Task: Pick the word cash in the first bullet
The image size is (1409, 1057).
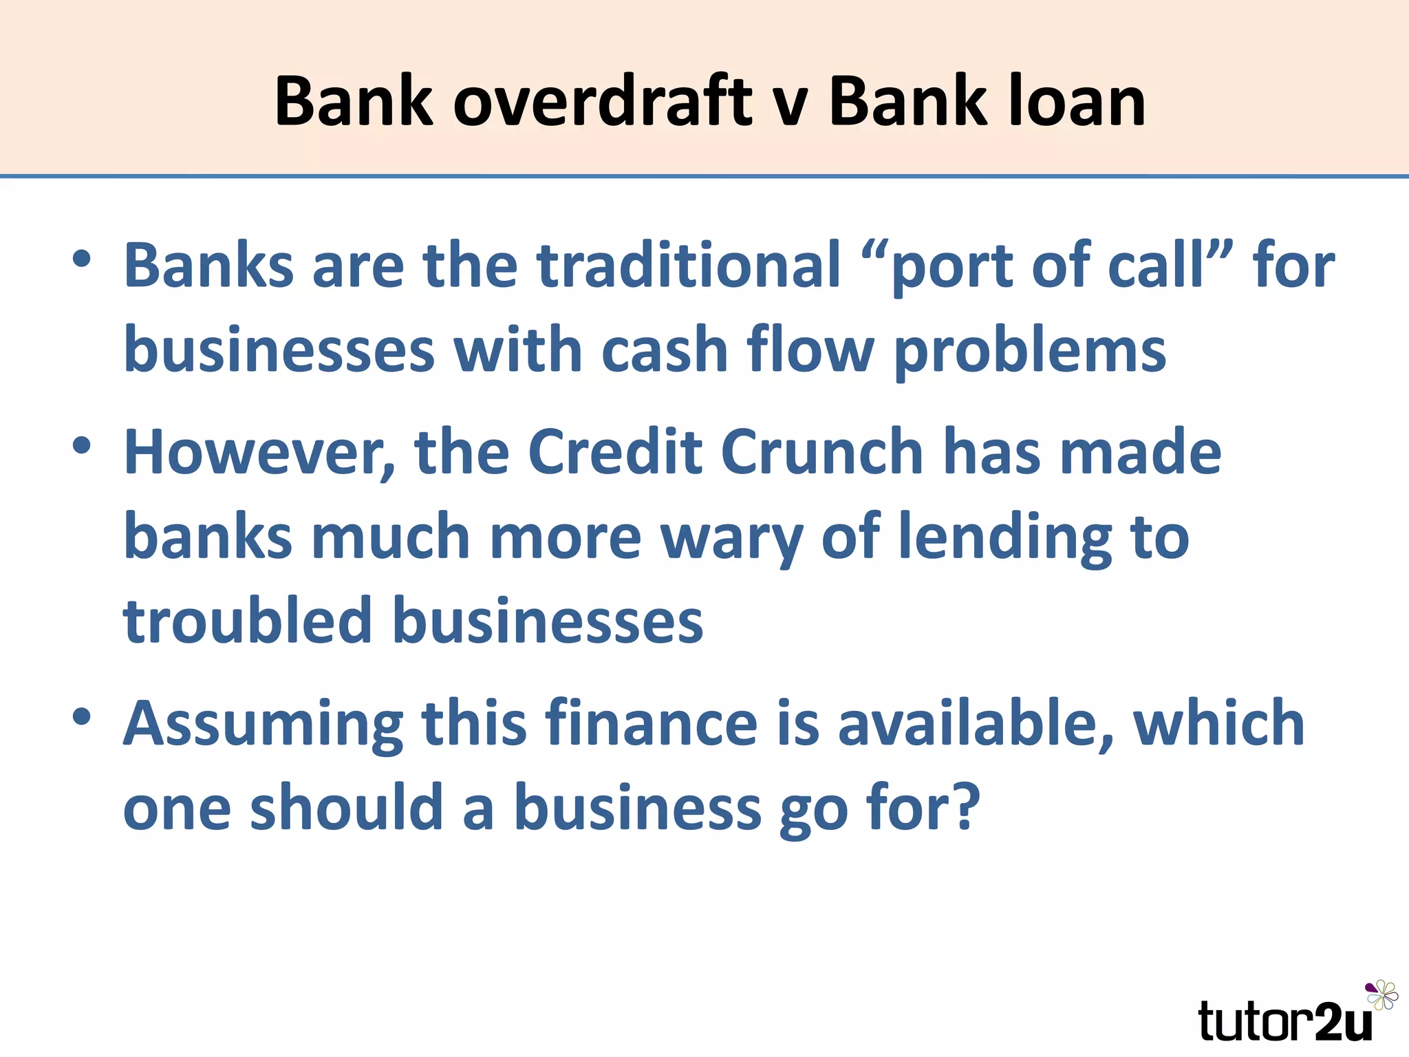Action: point(664,350)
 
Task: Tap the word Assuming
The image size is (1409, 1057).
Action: point(263,725)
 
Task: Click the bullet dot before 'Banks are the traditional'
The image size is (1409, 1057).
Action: point(82,259)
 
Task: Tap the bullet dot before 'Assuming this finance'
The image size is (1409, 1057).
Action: point(82,717)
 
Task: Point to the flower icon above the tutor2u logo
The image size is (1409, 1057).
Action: point(1381,995)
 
